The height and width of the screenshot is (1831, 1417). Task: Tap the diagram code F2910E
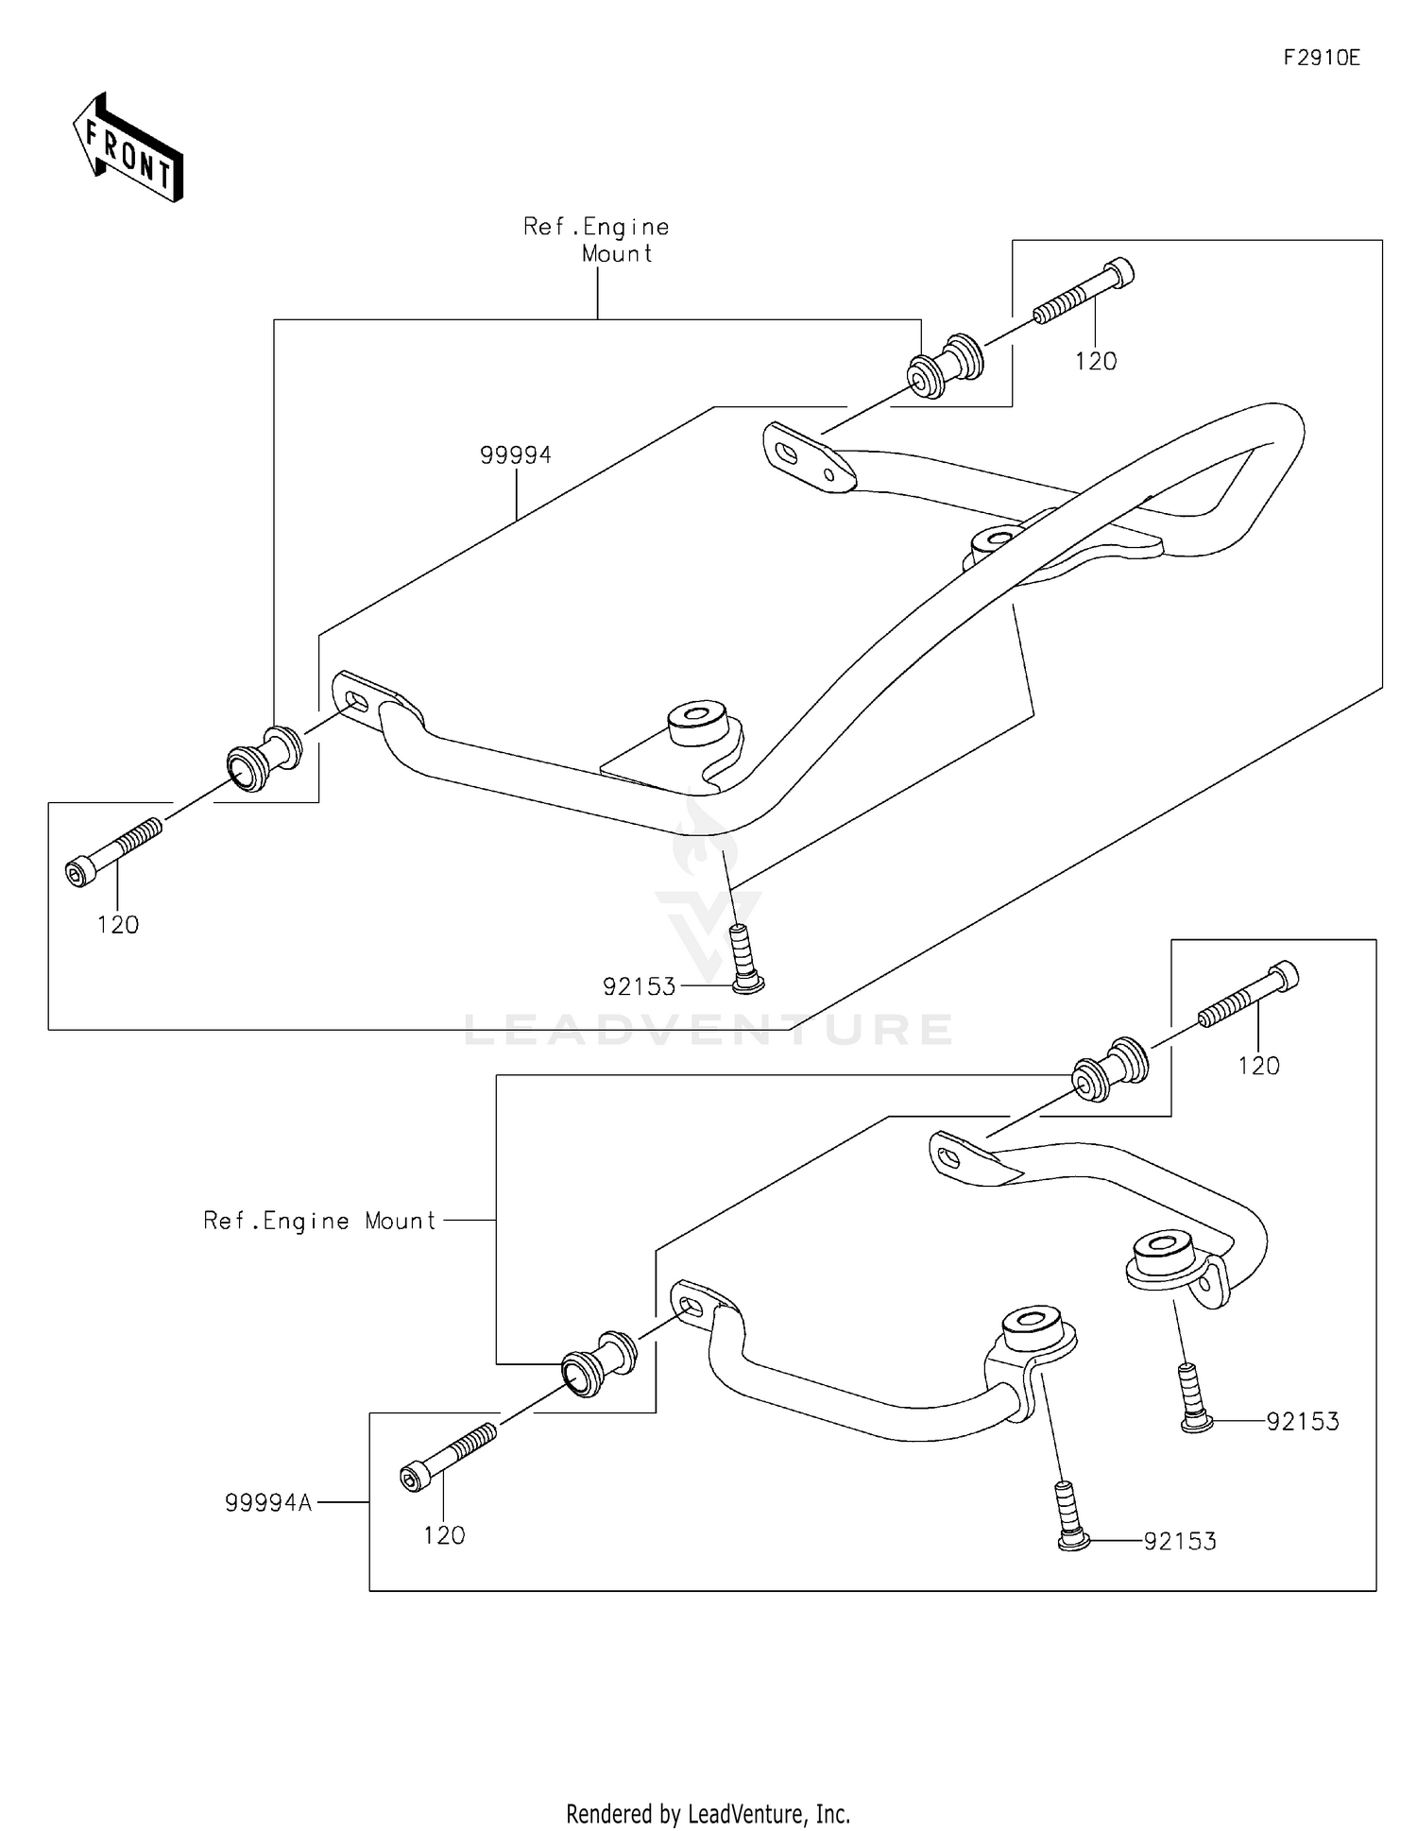pyautogui.click(x=1321, y=59)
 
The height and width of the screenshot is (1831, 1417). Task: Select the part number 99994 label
pyautogui.click(x=515, y=455)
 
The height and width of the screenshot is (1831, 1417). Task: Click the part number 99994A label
pyautogui.click(x=268, y=1502)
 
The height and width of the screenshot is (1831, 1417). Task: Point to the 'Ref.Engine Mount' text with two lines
pyautogui.click(x=597, y=240)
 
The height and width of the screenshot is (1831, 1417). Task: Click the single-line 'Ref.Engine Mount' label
pyautogui.click(x=320, y=1221)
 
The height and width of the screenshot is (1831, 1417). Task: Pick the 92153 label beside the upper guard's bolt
pyautogui.click(x=640, y=987)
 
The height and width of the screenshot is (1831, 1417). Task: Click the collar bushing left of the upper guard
pyautogui.click(x=265, y=758)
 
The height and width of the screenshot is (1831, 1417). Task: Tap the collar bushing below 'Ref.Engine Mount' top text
pyautogui.click(x=945, y=366)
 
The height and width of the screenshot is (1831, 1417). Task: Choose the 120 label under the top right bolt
pyautogui.click(x=1096, y=362)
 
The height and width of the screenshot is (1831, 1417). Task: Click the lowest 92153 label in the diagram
pyautogui.click(x=1180, y=1542)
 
